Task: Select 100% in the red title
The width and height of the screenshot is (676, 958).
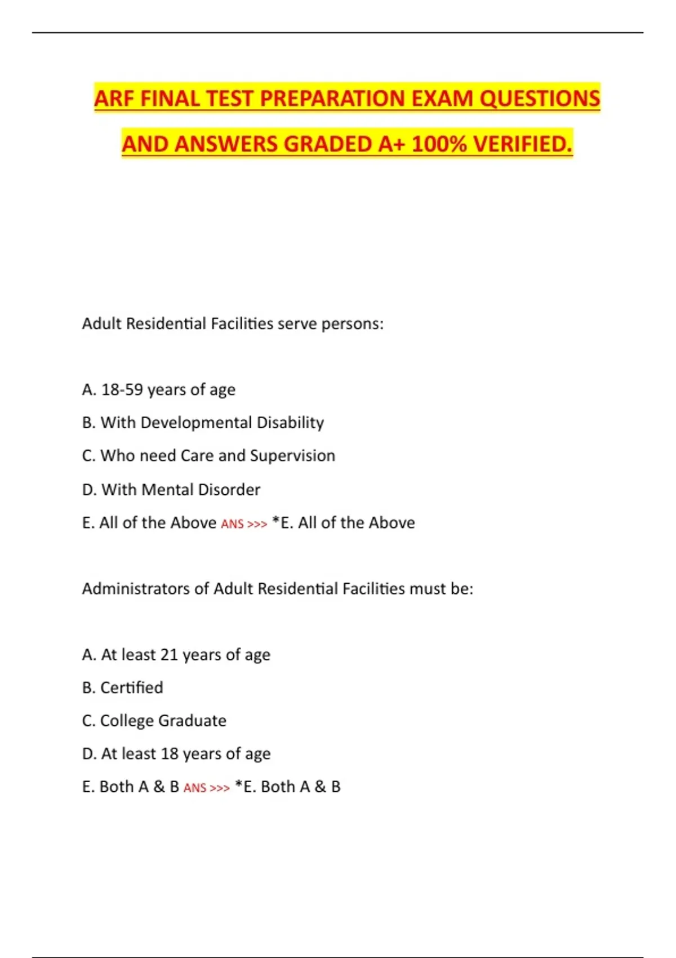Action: (x=439, y=144)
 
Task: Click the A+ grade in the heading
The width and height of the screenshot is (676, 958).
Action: (x=392, y=144)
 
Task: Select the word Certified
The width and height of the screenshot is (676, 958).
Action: (x=131, y=688)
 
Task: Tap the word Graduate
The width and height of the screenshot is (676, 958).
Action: (x=192, y=721)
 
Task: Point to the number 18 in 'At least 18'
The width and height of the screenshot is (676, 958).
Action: (x=170, y=754)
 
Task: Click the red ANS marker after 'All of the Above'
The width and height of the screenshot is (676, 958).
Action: (x=232, y=524)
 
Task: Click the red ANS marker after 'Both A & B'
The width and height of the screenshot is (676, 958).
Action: (x=195, y=788)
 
